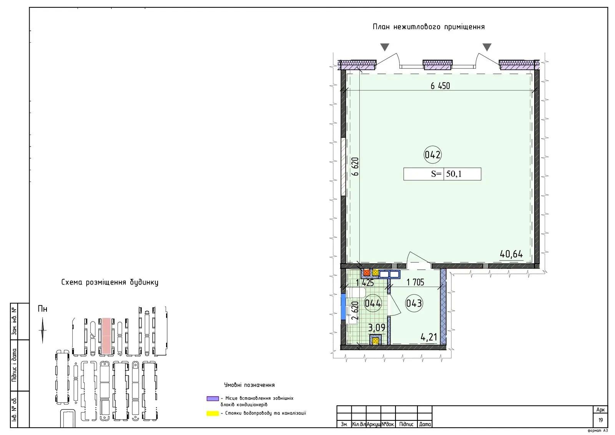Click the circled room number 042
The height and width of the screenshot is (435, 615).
tap(432, 155)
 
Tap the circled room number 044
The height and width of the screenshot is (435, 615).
tap(372, 303)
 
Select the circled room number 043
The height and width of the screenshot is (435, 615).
tap(414, 303)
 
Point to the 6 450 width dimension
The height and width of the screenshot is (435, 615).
tap(440, 86)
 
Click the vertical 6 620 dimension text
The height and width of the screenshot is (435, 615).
tap(355, 167)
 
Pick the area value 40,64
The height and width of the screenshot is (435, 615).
tap(511, 254)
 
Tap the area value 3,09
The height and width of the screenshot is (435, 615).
tap(377, 328)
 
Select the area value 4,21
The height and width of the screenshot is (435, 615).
tap(429, 337)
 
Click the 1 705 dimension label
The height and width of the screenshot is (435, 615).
tap(415, 282)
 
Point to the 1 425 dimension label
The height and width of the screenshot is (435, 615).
tap(365, 283)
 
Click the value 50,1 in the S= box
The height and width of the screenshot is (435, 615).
tap(454, 174)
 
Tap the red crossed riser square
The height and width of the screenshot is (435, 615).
tap(367, 273)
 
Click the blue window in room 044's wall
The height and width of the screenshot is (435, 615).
tap(343, 307)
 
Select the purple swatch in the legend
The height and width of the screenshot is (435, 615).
tap(213, 399)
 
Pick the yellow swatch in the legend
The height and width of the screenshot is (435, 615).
tap(213, 413)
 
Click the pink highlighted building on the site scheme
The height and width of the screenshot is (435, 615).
tap(106, 336)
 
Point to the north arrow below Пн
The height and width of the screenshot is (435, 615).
tap(43, 330)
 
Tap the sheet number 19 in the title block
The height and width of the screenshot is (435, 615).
tap(600, 420)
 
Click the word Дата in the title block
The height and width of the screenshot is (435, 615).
tap(425, 424)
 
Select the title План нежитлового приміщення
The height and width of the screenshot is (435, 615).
tap(429, 27)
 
